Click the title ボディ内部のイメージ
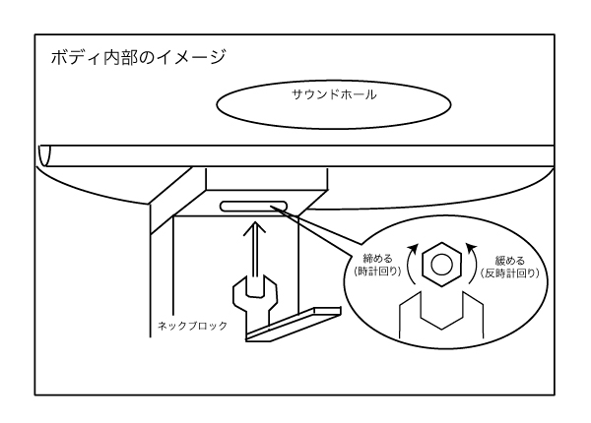(x=138, y=57)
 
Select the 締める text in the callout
(x=379, y=257)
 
